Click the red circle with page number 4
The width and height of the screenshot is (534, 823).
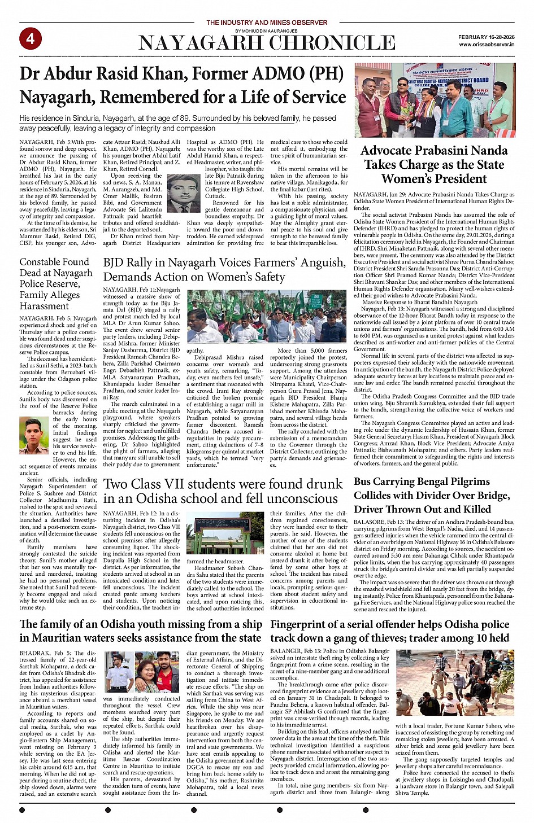pyautogui.click(x=30, y=38)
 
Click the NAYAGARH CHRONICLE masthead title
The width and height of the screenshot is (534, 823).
pyautogui.click(x=267, y=43)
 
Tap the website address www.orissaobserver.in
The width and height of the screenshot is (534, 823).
pyautogui.click(x=486, y=44)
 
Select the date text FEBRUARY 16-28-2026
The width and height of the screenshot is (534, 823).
pyautogui.click(x=486, y=37)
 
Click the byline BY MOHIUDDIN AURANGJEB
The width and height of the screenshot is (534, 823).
pyautogui.click(x=266, y=30)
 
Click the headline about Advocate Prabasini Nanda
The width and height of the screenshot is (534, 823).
pyautogui.click(x=434, y=164)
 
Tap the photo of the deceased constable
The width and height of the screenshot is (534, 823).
pyautogui.click(x=34, y=435)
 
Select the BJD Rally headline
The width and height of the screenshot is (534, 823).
pyautogui.click(x=224, y=270)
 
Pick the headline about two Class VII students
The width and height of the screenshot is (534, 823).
pyautogui.click(x=223, y=491)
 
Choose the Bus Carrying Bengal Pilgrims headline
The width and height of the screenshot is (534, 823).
pyautogui.click(x=432, y=495)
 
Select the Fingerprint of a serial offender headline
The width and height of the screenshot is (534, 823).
pyautogui.click(x=390, y=631)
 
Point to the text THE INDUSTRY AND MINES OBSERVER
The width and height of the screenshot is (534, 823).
pyautogui.click(x=266, y=23)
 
